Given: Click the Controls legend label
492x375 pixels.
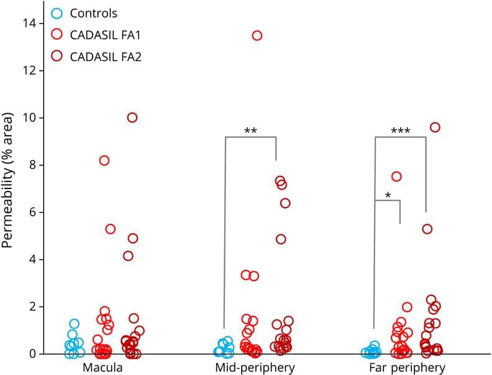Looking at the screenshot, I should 94,13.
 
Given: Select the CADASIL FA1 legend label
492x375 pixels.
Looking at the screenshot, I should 106,35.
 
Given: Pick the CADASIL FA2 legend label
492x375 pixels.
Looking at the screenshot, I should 106,57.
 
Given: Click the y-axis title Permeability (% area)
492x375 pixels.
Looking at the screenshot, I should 9,180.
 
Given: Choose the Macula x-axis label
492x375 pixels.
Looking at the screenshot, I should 102,368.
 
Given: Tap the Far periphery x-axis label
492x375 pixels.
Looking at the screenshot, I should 403,368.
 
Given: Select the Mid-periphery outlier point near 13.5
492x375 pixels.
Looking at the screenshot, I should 257,35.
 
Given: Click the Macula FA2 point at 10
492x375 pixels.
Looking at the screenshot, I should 132,118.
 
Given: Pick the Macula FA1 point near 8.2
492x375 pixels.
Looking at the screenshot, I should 104,160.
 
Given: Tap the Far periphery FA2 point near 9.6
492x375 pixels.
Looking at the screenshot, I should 435,127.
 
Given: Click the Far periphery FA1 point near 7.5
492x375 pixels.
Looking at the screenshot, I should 396,177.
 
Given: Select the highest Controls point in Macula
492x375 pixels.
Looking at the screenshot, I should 74,324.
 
